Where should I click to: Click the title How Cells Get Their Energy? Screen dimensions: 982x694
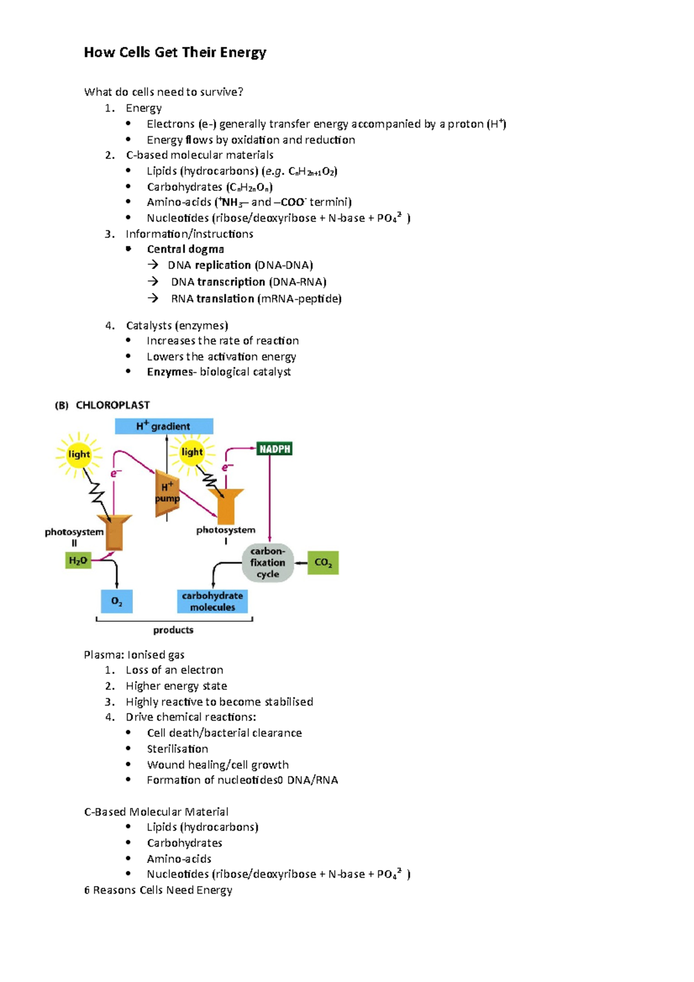[x=175, y=53]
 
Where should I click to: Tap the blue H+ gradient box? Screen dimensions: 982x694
[x=164, y=426]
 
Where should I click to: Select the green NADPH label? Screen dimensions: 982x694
[x=274, y=449]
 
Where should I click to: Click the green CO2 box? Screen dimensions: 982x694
[x=323, y=562]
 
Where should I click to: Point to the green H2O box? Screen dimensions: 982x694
[x=77, y=560]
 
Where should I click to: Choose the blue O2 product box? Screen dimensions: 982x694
[x=117, y=601]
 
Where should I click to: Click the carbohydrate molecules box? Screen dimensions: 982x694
[x=212, y=601]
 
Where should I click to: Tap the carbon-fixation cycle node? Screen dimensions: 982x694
[x=268, y=562]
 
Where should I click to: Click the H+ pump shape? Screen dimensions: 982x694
[x=167, y=493]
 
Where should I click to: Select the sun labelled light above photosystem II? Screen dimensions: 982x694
[x=79, y=454]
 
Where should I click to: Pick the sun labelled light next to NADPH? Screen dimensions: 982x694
[x=192, y=452]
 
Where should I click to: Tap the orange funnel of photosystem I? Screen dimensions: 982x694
[x=226, y=505]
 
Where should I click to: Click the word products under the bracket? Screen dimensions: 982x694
[x=173, y=630]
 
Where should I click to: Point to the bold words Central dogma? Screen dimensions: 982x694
[x=185, y=249]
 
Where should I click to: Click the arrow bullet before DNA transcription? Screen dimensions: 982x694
[x=153, y=282]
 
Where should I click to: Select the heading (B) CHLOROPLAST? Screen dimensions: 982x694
[x=102, y=405]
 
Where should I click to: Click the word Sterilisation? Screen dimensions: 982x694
[x=177, y=749]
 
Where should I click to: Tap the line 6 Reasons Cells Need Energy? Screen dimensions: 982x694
[x=158, y=890]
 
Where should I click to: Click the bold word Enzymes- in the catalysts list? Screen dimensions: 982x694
[x=171, y=372]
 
